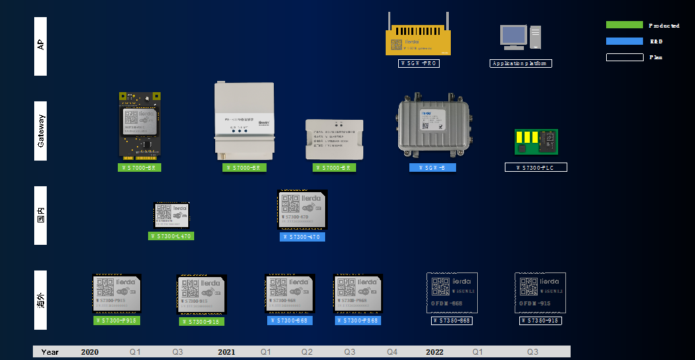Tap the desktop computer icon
tap(520, 38)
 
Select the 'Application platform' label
tap(521, 63)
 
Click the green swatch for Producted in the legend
tap(624, 25)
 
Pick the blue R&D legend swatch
tap(624, 41)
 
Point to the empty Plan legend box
tap(624, 57)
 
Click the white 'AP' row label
tap(40, 45)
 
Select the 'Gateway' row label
tap(40, 130)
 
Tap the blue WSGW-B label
tap(432, 168)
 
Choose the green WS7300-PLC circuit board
tap(536, 140)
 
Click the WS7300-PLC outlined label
tap(536, 168)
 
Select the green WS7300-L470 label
tap(171, 236)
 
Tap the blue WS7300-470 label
tap(302, 237)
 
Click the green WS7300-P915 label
tap(116, 321)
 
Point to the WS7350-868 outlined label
tap(452, 321)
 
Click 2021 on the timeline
tap(226, 352)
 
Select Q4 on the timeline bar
tap(392, 352)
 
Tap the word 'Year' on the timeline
tap(50, 352)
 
